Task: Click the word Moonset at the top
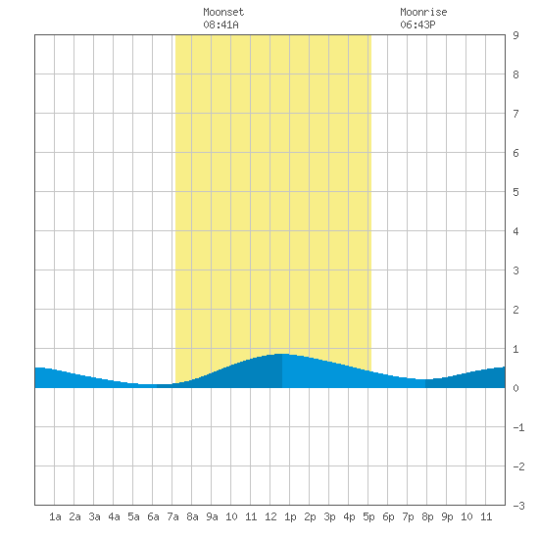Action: (x=223, y=12)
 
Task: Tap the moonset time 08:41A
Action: (x=220, y=24)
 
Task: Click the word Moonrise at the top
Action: (x=423, y=12)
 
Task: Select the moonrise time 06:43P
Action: (x=417, y=24)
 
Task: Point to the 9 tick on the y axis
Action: (x=515, y=35)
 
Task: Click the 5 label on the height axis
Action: (x=515, y=192)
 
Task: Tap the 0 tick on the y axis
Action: (x=515, y=388)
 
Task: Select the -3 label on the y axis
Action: (x=518, y=506)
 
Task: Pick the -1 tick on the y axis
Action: (x=518, y=427)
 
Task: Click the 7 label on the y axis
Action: (x=515, y=114)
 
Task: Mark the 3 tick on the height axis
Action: (x=515, y=270)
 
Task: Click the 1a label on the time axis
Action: (x=55, y=516)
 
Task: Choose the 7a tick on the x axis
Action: (x=172, y=516)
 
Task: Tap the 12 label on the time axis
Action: (x=270, y=516)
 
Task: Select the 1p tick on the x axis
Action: (x=290, y=516)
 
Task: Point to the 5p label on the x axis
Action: (x=368, y=516)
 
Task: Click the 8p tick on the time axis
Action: (x=427, y=516)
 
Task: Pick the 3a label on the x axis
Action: (x=94, y=516)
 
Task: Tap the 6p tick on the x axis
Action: (x=388, y=516)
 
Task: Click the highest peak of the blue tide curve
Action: (x=282, y=354)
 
